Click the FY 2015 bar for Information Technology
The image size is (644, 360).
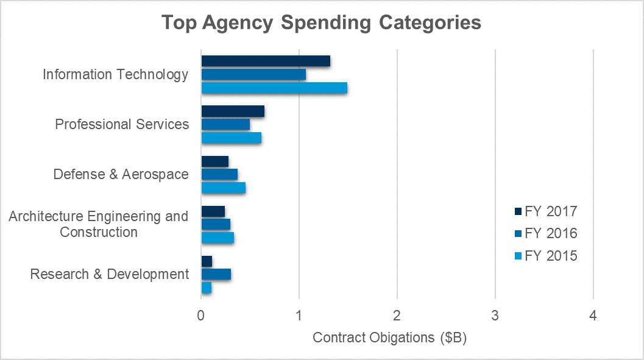click(x=274, y=88)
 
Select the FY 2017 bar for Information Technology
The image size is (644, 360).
click(x=266, y=61)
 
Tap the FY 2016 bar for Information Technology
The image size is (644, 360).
click(x=253, y=74)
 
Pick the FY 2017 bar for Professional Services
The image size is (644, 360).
click(x=233, y=111)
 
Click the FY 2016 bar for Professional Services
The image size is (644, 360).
click(x=225, y=124)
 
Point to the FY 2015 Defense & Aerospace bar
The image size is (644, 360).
click(x=223, y=188)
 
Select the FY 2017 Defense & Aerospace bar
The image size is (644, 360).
click(x=214, y=161)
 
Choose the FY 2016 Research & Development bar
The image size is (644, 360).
click(x=216, y=274)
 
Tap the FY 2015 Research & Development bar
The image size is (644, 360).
click(x=206, y=288)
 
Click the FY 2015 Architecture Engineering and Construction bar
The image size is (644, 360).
click(x=218, y=238)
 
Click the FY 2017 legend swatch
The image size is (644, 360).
click(x=518, y=212)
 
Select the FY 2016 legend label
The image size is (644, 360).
click(x=551, y=233)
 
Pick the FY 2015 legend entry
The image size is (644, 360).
click(x=545, y=255)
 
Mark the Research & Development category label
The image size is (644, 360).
click(x=110, y=274)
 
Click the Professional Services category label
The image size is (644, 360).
click(x=122, y=124)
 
